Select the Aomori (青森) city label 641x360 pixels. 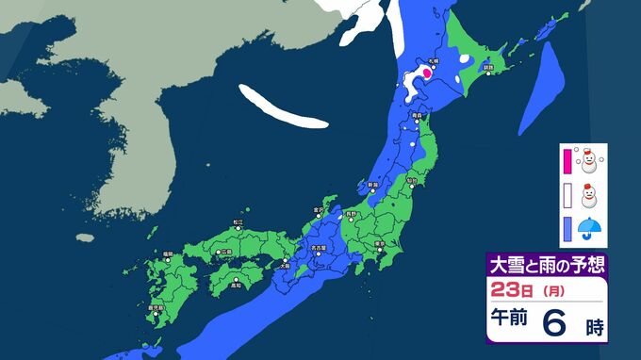(x=418, y=115)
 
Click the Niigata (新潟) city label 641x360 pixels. (x=372, y=184)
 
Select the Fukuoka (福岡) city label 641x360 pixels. (x=167, y=253)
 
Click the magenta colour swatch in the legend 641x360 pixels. (x=567, y=162)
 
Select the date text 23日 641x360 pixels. (x=510, y=287)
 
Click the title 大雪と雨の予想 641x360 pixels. (x=547, y=264)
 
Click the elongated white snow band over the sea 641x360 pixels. (x=283, y=107)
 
